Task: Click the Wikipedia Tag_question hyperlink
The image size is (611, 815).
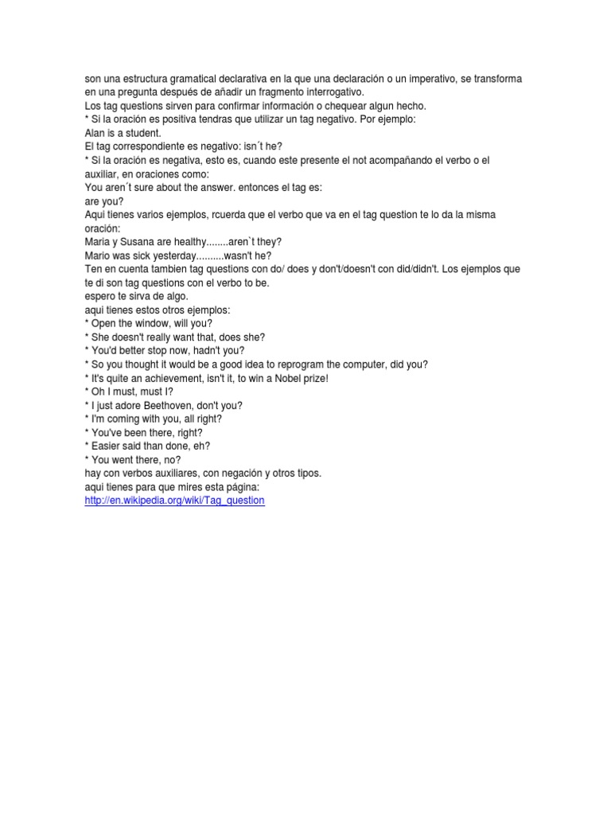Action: point(174,501)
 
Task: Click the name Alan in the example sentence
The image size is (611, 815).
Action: point(95,133)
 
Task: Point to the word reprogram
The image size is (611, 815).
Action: point(287,365)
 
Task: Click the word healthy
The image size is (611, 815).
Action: point(186,242)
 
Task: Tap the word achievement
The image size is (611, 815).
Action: point(170,378)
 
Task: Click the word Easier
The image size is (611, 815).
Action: point(107,446)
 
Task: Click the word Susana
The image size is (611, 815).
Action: point(138,242)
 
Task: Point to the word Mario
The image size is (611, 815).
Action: point(98,255)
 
